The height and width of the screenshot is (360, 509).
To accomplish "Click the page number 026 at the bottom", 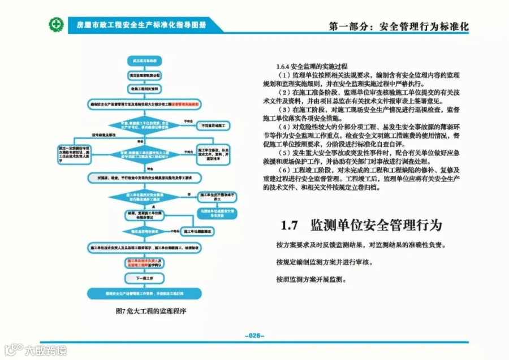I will (255, 335).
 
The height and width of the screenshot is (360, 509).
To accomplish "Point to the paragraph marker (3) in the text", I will (286, 109).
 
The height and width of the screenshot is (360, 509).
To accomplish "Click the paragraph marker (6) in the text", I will (286, 170).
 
